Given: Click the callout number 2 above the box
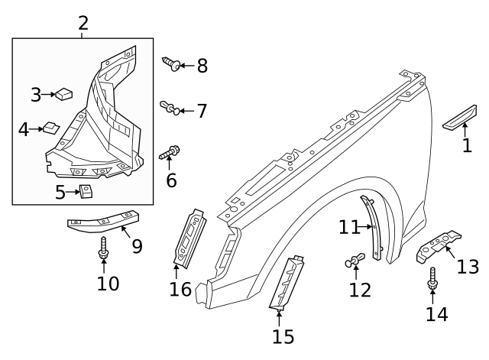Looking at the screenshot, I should click(83, 23).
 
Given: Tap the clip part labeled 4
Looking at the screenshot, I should click(51, 128).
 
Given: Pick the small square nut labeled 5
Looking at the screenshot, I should click(86, 190).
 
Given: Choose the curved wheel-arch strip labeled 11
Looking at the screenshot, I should click(373, 228).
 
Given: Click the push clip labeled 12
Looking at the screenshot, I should click(355, 263).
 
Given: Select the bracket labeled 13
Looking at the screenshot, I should click(439, 246).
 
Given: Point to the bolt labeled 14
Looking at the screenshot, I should click(432, 281).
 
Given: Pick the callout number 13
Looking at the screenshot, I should click(468, 267).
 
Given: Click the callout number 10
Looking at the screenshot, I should click(108, 284).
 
